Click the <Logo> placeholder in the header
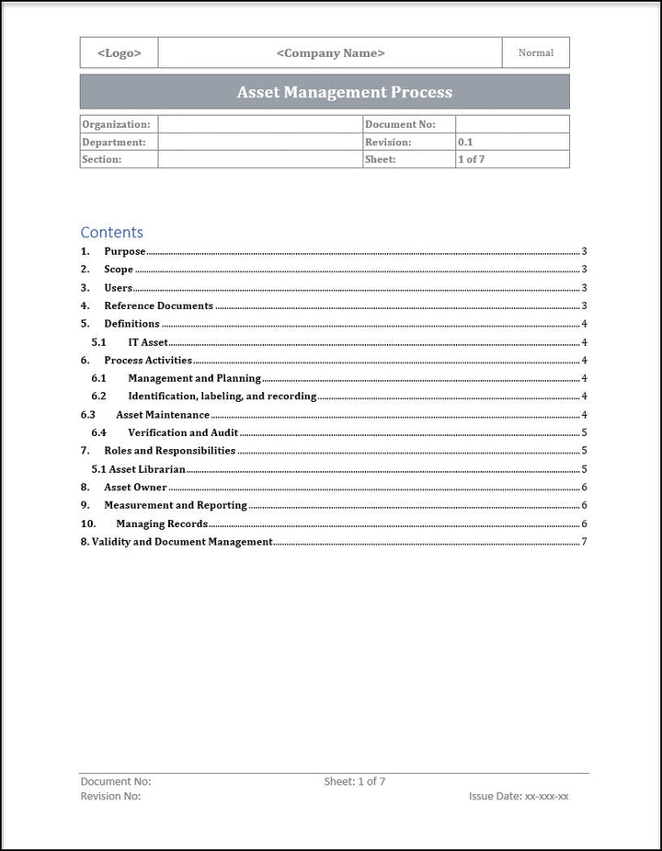[x=120, y=53]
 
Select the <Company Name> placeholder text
[x=330, y=53]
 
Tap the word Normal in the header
[x=536, y=53]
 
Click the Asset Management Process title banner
[x=344, y=92]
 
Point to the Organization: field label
[x=116, y=124]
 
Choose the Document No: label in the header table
[x=400, y=124]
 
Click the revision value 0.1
[x=465, y=143]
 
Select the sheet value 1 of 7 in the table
[x=471, y=159]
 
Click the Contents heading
[x=111, y=232]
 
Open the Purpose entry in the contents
[x=124, y=251]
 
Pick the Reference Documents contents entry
[x=158, y=305]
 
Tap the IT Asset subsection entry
[x=148, y=342]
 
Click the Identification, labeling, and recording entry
[x=222, y=397]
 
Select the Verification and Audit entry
[x=183, y=432]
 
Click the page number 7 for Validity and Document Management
[x=584, y=542]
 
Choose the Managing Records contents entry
[x=161, y=524]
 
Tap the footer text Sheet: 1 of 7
[x=355, y=782]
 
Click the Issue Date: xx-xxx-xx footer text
[x=519, y=797]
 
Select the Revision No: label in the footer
[x=110, y=797]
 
